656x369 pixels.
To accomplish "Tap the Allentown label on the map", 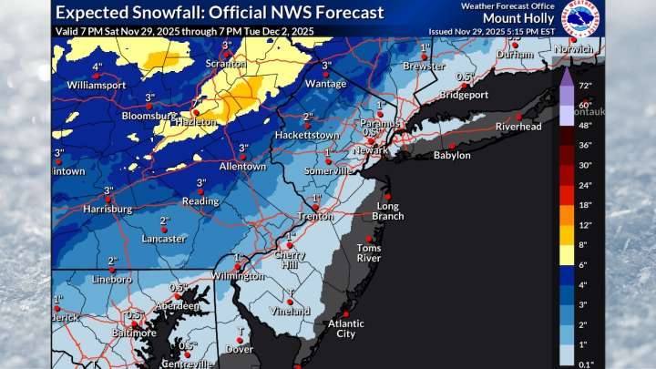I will click(x=242, y=167).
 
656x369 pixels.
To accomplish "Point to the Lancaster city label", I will click(x=164, y=239).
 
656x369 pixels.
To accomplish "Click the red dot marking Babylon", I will click(x=451, y=145).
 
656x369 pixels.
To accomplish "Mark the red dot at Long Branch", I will click(x=387, y=197).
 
